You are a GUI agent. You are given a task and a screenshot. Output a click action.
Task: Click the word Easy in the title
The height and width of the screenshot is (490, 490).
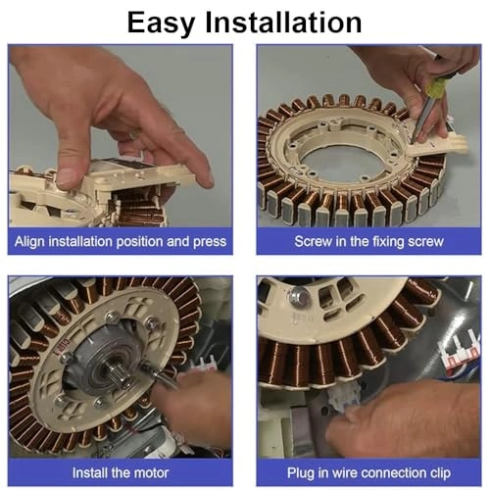pyautogui.click(x=168, y=22)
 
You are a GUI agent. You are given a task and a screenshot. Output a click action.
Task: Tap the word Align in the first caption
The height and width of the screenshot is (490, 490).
pyautogui.click(x=36, y=241)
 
